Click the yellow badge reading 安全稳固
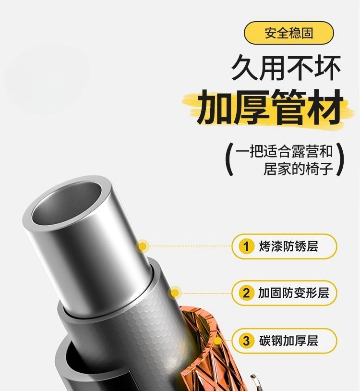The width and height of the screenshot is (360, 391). pyautogui.click(x=288, y=33)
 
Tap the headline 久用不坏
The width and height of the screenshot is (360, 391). pyautogui.click(x=286, y=68)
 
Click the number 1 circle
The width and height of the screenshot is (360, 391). pyautogui.click(x=246, y=246)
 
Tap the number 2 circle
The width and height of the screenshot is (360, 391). pyautogui.click(x=246, y=293)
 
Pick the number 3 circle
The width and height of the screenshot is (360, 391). pyautogui.click(x=246, y=341)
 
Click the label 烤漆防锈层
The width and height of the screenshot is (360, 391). pyautogui.click(x=288, y=246)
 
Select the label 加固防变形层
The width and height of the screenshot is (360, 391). pyautogui.click(x=293, y=293)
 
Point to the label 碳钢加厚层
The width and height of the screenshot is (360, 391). pyautogui.click(x=288, y=341)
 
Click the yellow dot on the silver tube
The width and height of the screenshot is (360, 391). pyautogui.click(x=143, y=246)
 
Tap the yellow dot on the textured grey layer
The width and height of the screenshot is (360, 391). pyautogui.click(x=175, y=293)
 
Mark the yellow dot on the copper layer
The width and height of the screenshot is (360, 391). pyautogui.click(x=218, y=341)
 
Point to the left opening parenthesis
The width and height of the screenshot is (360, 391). pyautogui.click(x=229, y=159)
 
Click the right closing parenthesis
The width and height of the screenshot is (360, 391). pyautogui.click(x=340, y=159)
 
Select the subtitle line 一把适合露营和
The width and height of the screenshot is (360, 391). pyautogui.click(x=284, y=151)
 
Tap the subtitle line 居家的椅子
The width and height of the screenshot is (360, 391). pyautogui.click(x=298, y=169)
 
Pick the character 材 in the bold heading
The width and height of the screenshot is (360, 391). pyautogui.click(x=325, y=107)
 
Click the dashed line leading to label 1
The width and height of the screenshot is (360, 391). pyautogui.click(x=190, y=246)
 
